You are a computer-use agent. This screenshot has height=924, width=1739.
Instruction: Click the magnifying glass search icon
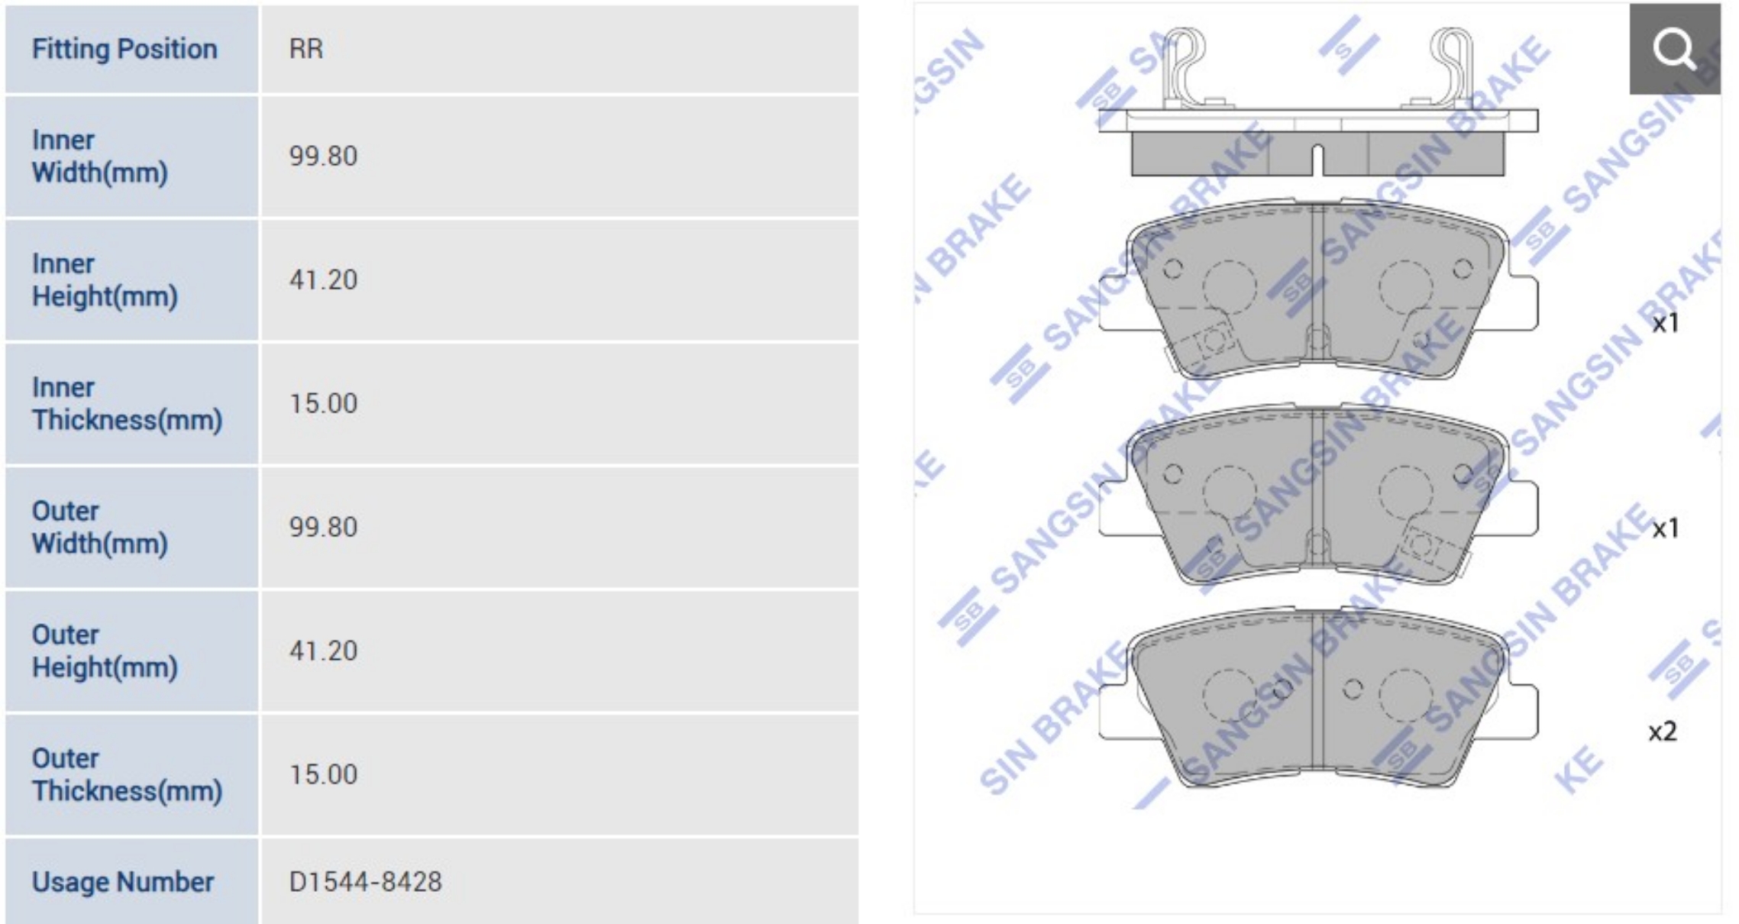(1674, 49)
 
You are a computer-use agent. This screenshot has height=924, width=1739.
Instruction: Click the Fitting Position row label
(124, 49)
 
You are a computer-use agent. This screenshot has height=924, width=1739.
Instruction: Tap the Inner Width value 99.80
(323, 156)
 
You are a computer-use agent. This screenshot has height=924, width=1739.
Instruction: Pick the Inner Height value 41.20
(323, 279)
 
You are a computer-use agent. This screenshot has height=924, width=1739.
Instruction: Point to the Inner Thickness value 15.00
(323, 403)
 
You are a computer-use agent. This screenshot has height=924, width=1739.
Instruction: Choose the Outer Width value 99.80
(323, 527)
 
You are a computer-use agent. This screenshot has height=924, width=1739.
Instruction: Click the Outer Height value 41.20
(323, 651)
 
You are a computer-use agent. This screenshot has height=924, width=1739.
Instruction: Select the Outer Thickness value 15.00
(323, 774)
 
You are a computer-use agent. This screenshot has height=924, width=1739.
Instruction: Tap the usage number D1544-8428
(365, 882)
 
